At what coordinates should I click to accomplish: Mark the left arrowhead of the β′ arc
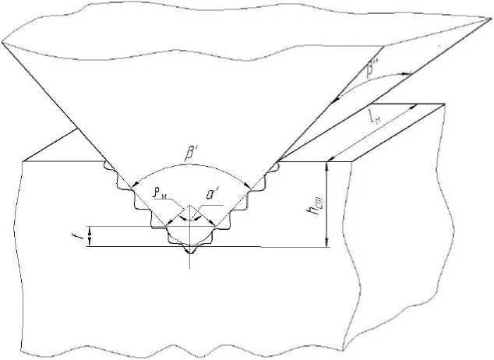click(x=133, y=186)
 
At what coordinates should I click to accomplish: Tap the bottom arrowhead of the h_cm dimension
click(x=329, y=243)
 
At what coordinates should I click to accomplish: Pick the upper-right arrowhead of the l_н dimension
click(x=416, y=107)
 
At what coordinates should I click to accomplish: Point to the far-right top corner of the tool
click(x=490, y=17)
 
